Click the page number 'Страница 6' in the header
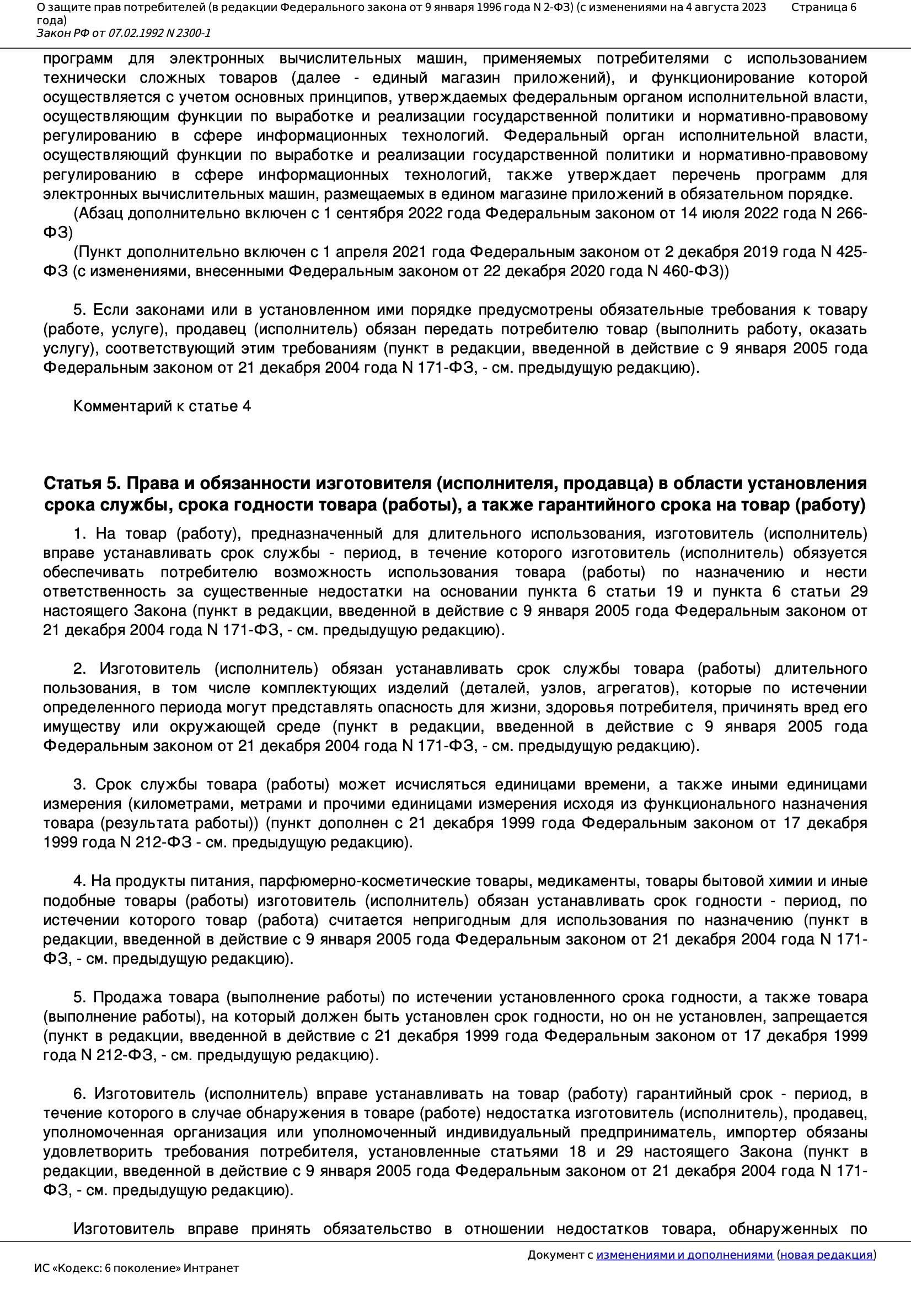click(x=823, y=7)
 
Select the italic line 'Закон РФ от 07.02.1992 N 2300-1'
click(x=124, y=33)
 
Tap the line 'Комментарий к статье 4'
click(x=162, y=406)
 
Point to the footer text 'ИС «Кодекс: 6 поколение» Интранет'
click(x=136, y=1267)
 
